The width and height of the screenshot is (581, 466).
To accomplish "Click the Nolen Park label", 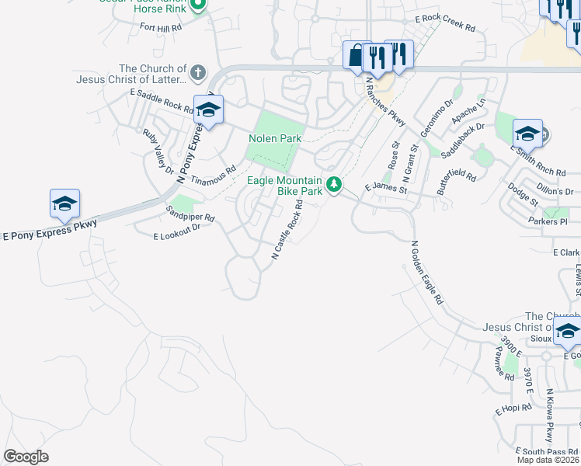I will click(x=274, y=138).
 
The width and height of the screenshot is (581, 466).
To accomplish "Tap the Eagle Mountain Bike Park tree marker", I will click(x=334, y=185).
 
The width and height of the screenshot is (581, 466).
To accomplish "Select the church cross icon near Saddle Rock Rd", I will click(x=198, y=73).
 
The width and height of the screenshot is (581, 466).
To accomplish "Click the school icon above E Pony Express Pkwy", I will click(x=64, y=204).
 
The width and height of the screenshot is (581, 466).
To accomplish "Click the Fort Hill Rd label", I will click(x=161, y=26).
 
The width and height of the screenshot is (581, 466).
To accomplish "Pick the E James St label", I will click(x=386, y=188).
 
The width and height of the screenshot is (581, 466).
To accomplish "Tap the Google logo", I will click(x=26, y=457).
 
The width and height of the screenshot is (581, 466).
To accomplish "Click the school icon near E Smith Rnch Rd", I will click(x=527, y=134).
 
